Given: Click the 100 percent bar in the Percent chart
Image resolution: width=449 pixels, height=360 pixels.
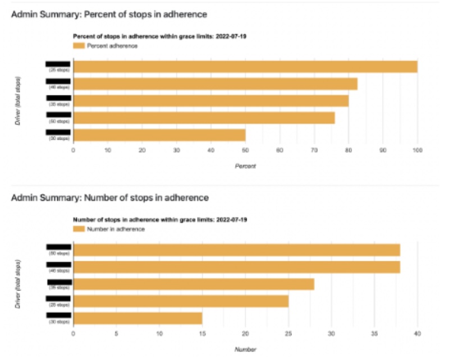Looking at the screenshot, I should pos(245,67).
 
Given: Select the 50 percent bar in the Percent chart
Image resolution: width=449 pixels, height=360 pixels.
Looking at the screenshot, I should pos(159,135).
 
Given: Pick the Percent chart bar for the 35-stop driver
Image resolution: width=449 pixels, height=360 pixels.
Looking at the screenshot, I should pos(211,101).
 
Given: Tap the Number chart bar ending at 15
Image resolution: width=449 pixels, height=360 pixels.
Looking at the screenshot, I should pos(138,319).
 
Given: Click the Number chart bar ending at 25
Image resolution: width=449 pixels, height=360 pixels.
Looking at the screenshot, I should pos(181,301).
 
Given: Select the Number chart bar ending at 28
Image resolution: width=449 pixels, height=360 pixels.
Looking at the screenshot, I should pos(194,284).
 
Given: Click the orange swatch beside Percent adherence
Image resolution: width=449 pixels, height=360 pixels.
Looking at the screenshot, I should pos(79,46).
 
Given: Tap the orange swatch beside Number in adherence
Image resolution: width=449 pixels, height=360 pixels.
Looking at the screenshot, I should pos(79,229).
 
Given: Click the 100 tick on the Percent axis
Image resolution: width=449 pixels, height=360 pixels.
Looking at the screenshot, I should pos(417,150).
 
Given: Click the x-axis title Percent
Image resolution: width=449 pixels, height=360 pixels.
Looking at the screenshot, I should pos(245,166).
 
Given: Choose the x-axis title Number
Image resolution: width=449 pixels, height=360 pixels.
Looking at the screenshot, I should pos(245,349).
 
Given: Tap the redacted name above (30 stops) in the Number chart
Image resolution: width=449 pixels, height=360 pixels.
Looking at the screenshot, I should pos(58,315).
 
